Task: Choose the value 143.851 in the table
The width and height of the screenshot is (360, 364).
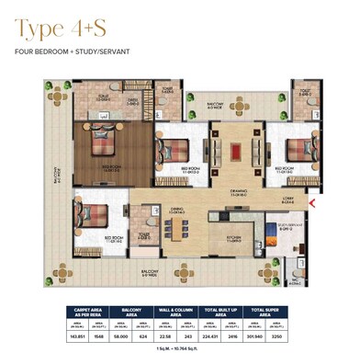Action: tap(82, 338)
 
